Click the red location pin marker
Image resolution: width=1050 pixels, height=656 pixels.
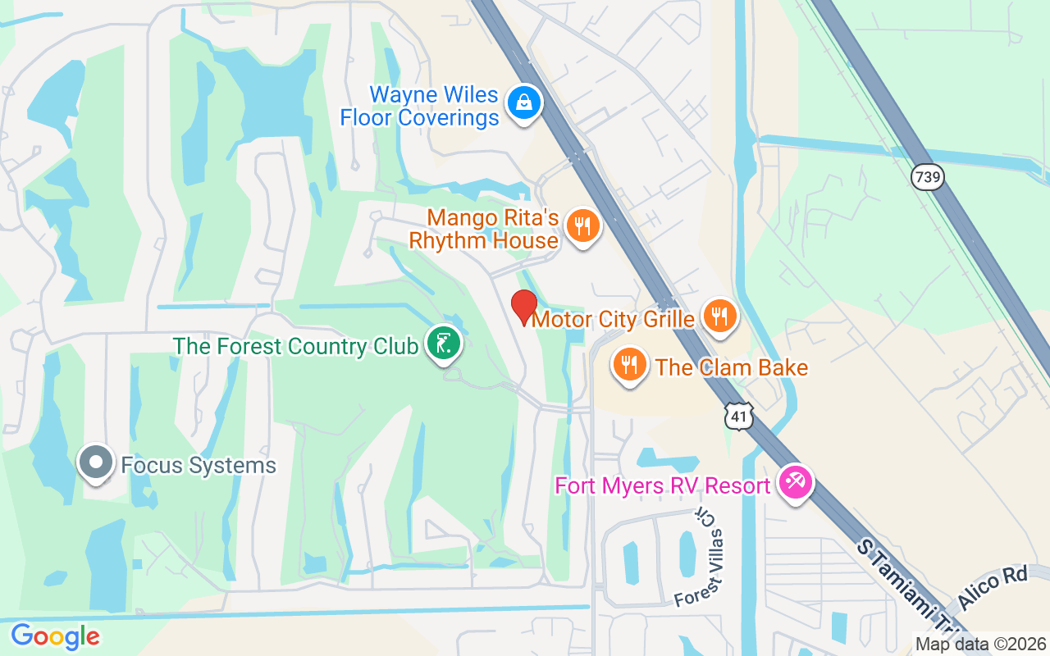524,307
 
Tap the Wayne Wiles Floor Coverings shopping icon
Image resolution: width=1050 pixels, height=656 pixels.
522,103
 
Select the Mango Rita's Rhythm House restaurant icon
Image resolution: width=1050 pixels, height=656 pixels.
582,225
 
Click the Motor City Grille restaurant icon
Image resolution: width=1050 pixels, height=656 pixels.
719,316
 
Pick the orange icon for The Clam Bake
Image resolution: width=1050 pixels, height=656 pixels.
629,365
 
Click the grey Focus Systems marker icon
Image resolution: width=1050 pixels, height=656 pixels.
96,462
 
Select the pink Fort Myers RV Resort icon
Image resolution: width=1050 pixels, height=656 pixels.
794,482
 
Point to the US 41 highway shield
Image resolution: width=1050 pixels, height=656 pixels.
739,417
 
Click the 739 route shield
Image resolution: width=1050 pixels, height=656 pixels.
928,177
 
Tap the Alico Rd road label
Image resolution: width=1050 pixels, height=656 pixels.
993,589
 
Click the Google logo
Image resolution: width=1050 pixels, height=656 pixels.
55,636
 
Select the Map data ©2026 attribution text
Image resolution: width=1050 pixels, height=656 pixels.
981,644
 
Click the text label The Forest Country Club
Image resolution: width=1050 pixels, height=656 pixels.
295,346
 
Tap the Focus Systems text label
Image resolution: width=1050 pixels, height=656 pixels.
199,466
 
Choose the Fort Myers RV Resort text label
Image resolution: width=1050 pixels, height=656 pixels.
663,485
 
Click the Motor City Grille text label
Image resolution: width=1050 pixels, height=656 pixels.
614,319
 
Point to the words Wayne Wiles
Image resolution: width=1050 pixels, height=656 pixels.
433,94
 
